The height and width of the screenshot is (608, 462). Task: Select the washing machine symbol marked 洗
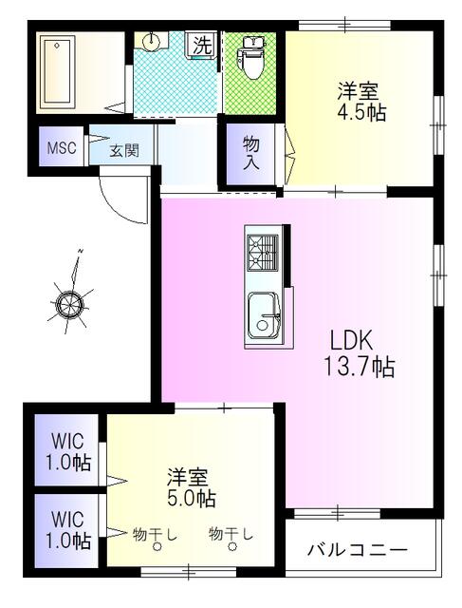(x=201, y=45)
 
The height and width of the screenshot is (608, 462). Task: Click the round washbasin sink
(x=153, y=41)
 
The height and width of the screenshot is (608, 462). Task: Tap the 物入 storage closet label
(x=250, y=152)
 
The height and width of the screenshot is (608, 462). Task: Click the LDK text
(x=353, y=339)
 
